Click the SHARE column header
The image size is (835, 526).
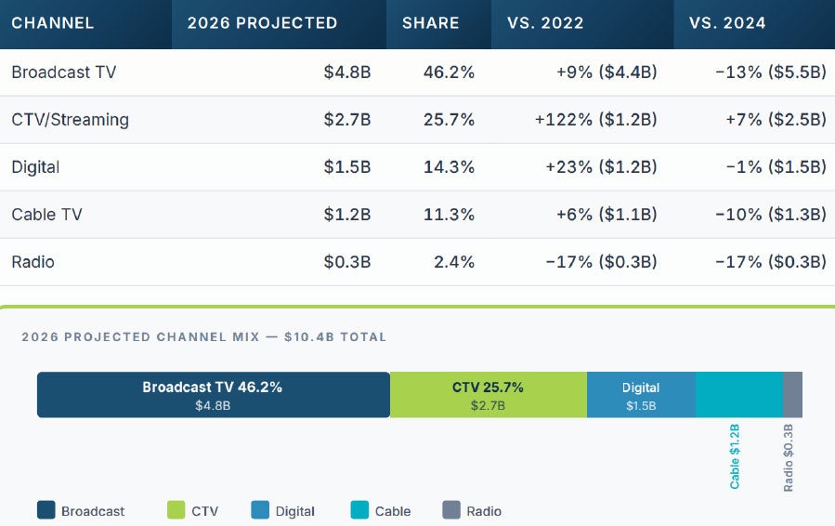(x=430, y=23)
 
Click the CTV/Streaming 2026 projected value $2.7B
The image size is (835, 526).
(x=346, y=120)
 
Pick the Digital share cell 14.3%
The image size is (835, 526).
(x=448, y=167)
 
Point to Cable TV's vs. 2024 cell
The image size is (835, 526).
(x=770, y=215)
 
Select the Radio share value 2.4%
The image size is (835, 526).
(x=453, y=262)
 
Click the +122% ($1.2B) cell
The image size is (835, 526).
(x=595, y=120)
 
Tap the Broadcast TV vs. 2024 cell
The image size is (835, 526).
(x=770, y=72)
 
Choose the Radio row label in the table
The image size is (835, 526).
(x=33, y=262)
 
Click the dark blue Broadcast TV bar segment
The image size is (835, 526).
(x=213, y=395)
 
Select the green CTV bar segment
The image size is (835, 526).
(x=488, y=395)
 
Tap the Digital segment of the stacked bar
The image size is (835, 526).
(x=641, y=395)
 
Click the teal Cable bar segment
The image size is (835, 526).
(x=738, y=395)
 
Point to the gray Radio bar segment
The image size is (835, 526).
(x=792, y=395)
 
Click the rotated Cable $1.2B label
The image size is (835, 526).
(x=735, y=456)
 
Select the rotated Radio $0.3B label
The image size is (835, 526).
(x=789, y=456)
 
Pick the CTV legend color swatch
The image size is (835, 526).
(x=176, y=510)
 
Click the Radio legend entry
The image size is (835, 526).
(x=483, y=511)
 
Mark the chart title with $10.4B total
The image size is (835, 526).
(x=203, y=337)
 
